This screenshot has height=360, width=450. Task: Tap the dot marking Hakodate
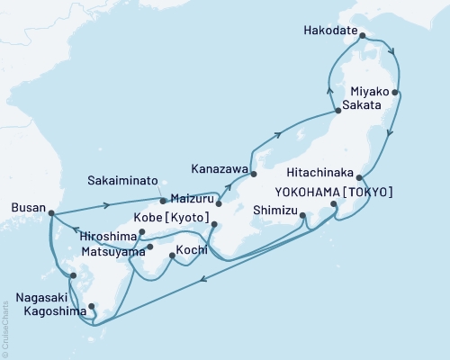[363, 37]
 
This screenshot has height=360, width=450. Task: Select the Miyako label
[369, 94]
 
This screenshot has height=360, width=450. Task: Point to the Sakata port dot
[337, 111]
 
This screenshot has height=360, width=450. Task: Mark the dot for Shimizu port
[303, 215]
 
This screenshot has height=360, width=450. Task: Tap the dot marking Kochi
[173, 256]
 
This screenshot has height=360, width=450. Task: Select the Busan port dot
[50, 213]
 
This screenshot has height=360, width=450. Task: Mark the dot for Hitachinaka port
[360, 177]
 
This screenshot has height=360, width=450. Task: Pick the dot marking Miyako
[396, 92]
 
